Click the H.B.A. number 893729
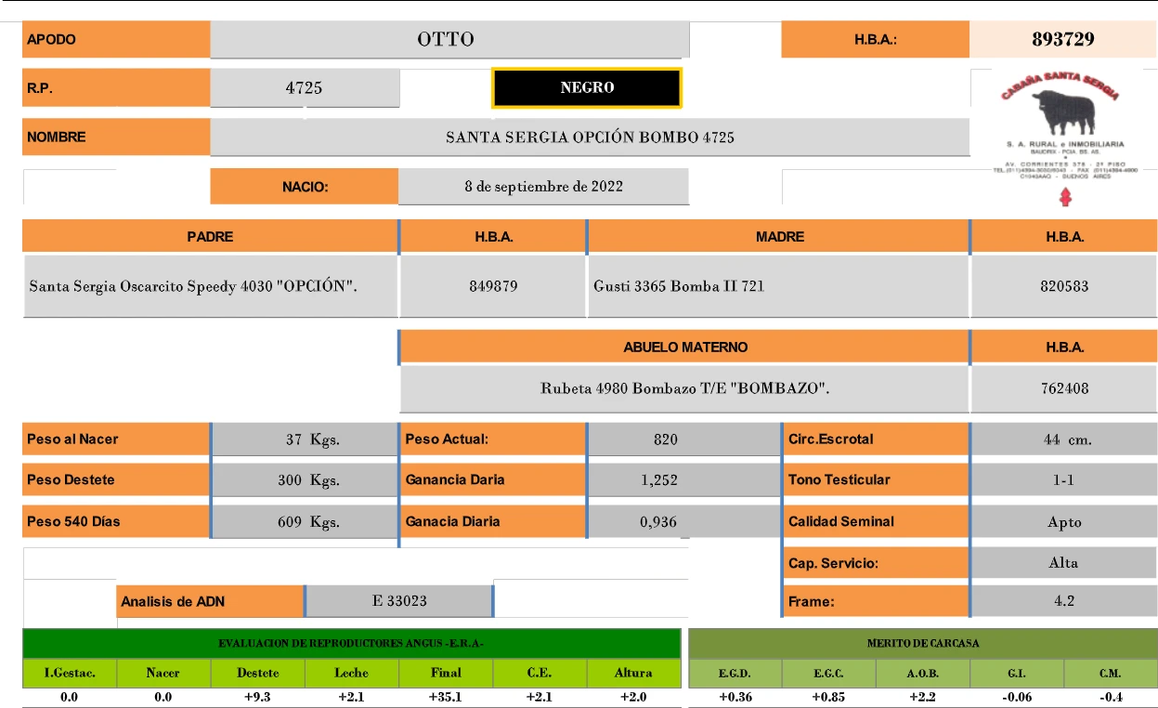point(1062,39)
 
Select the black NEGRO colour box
point(587,87)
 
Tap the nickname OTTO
point(446,39)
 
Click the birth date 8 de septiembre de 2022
point(543,186)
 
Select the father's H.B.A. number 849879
point(493,286)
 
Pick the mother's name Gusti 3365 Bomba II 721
point(679,286)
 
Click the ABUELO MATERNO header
point(685,347)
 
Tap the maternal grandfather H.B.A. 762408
point(1064,388)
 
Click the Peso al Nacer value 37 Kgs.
point(312,439)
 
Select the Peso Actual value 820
point(665,439)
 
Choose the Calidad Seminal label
point(840,521)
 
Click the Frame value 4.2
point(1064,600)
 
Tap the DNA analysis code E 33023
point(399,600)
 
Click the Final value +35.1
point(446,697)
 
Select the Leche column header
point(352,673)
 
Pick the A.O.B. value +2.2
point(922,697)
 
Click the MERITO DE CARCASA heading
point(922,643)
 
